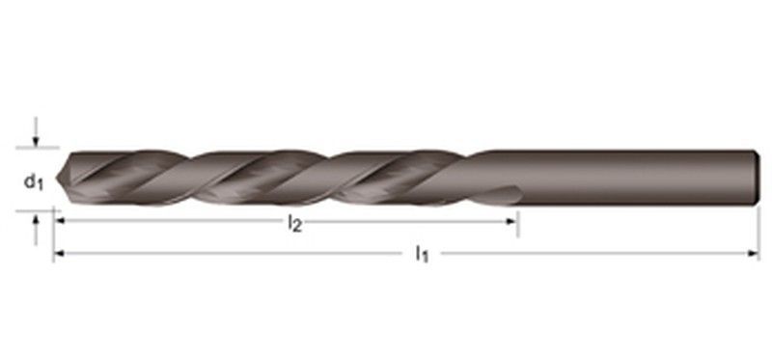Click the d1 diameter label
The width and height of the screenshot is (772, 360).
34,180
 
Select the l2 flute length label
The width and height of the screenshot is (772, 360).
294,224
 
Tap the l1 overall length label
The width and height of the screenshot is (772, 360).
422,255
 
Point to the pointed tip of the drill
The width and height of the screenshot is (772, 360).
59,178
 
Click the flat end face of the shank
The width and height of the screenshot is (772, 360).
755,178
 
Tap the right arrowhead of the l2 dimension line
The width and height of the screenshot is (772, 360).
513,221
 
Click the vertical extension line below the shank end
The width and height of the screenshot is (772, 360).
759,232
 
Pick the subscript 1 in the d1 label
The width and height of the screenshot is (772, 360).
40,183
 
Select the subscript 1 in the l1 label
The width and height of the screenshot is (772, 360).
426,258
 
